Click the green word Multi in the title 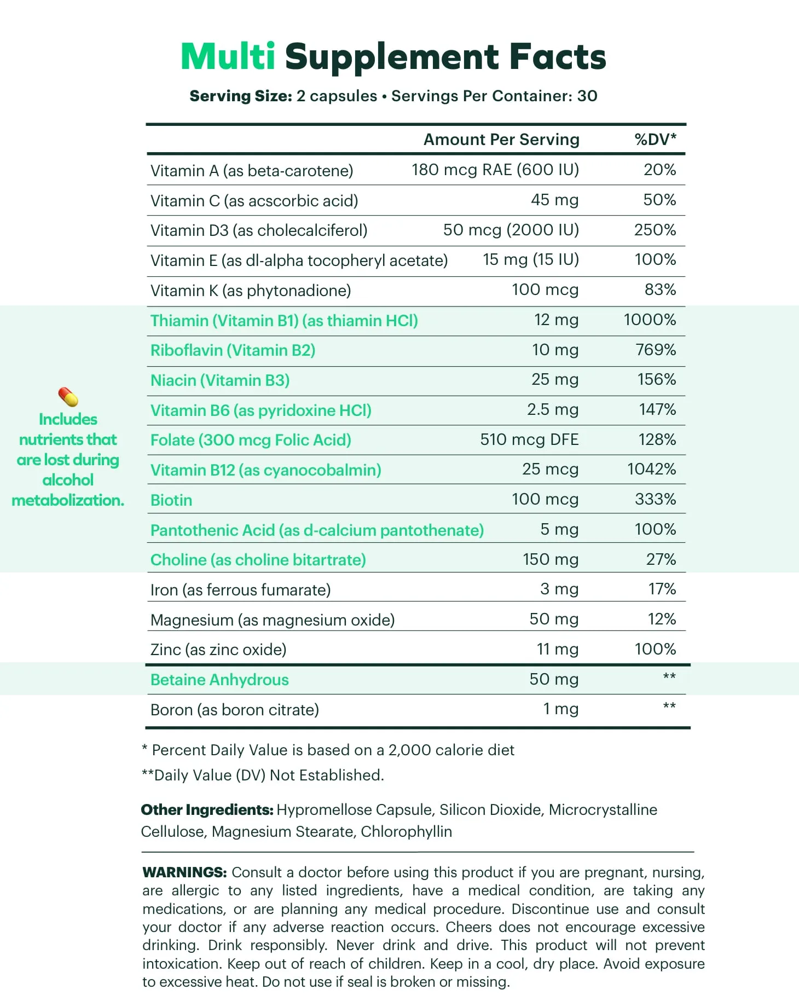pyautogui.click(x=228, y=57)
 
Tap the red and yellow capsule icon pyautogui.click(x=68, y=397)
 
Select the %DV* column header pyautogui.click(x=655, y=140)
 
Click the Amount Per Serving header pyautogui.click(x=501, y=140)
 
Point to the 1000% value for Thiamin pyautogui.click(x=650, y=320)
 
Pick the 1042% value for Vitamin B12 pyautogui.click(x=651, y=469)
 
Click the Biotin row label pyautogui.click(x=171, y=500)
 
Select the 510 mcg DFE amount pyautogui.click(x=529, y=439)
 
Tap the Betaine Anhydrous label pyautogui.click(x=219, y=680)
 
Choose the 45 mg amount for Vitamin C pyautogui.click(x=554, y=200)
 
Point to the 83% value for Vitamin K pyautogui.click(x=660, y=290)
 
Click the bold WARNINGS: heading pyautogui.click(x=184, y=872)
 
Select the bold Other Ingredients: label pyautogui.click(x=207, y=810)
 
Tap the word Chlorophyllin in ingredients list pyautogui.click(x=406, y=832)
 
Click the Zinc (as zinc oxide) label pyautogui.click(x=218, y=650)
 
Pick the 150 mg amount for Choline pyautogui.click(x=550, y=559)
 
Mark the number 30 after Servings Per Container pyautogui.click(x=587, y=96)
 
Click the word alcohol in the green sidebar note pyautogui.click(x=68, y=480)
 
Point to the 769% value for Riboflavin pyautogui.click(x=656, y=350)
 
